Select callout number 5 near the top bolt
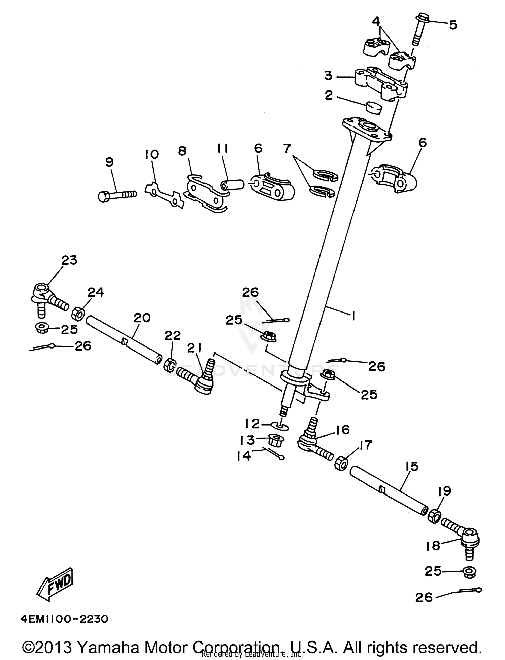[453, 25]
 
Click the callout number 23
[69, 260]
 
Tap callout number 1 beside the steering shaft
[353, 316]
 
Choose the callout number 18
[433, 546]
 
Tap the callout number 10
[151, 155]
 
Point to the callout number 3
[328, 76]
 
